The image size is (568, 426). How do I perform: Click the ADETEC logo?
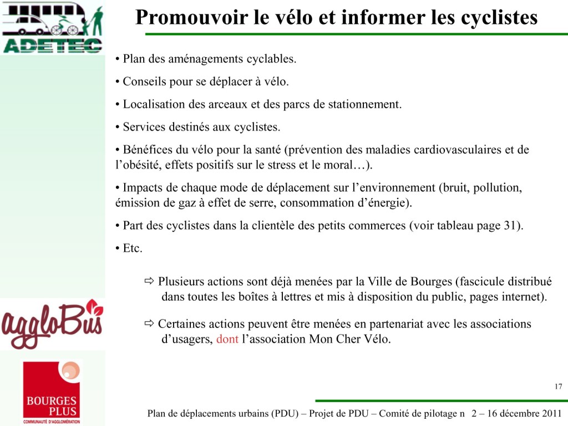pyautogui.click(x=52, y=28)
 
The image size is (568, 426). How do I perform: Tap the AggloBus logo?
pyautogui.click(x=52, y=324)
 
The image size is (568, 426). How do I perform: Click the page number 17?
pyautogui.click(x=558, y=387)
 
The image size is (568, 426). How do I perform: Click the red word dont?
pyautogui.click(x=227, y=339)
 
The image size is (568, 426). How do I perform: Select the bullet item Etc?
pyautogui.click(x=132, y=248)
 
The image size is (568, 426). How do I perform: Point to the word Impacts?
pyautogui.click(x=141, y=187)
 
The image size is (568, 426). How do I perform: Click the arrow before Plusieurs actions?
pyautogui.click(x=149, y=281)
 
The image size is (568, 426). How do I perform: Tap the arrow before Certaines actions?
pyautogui.click(x=149, y=323)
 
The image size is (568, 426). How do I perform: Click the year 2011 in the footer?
pyautogui.click(x=551, y=414)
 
